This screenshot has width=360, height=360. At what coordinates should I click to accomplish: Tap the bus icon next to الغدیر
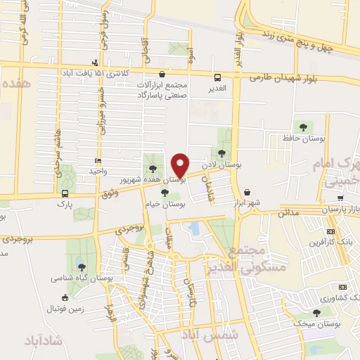coord(217,77)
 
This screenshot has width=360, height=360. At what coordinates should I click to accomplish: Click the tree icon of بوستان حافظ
coord(303,127)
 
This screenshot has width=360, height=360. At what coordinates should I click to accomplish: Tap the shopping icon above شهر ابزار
coord(247,192)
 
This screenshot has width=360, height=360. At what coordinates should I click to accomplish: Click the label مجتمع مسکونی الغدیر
coord(252,258)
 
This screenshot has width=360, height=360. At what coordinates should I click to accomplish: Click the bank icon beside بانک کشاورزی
coord(342,287)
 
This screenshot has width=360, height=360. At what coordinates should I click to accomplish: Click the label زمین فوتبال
coord(65,308)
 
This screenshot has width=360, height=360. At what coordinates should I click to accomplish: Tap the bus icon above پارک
coord(65,193)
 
